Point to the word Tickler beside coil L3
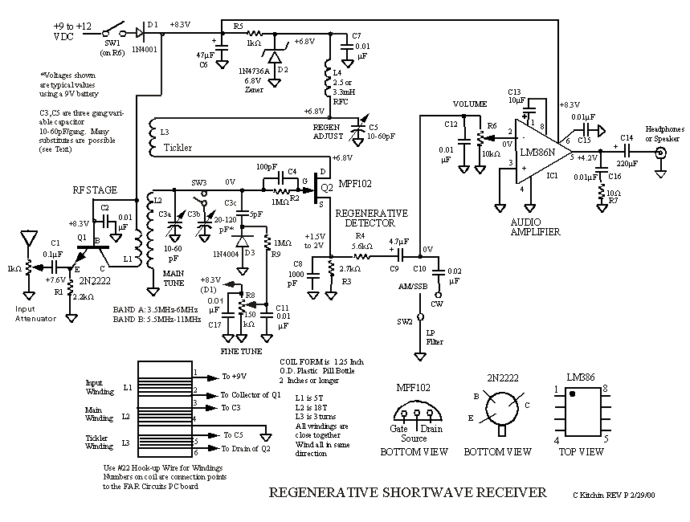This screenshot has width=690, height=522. click(x=178, y=148)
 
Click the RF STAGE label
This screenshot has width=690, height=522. click(x=96, y=190)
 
